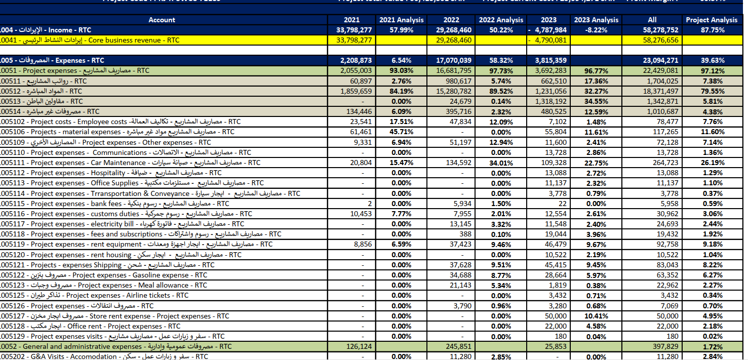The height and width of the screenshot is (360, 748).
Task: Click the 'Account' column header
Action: (x=162, y=20)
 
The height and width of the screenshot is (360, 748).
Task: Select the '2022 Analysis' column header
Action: (x=501, y=20)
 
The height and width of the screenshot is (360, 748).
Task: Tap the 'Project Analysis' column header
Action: (x=712, y=20)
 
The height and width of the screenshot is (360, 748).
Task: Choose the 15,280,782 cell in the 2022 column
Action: (x=451, y=91)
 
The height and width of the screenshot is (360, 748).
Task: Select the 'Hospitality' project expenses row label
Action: (x=111, y=173)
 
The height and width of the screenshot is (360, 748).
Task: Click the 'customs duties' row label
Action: (x=127, y=214)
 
